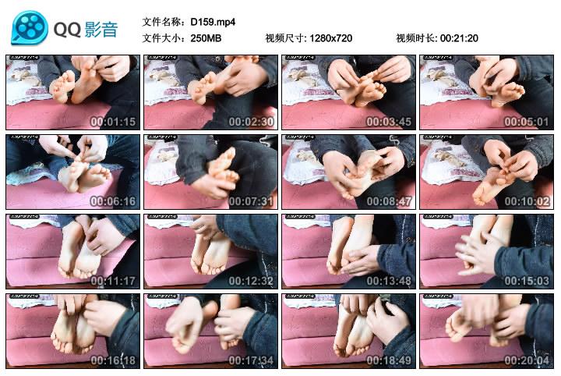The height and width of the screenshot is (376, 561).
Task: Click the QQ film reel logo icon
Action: tap(29, 28)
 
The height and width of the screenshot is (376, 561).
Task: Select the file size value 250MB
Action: tap(206, 38)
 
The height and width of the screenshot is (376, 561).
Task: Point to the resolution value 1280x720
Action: tap(330, 38)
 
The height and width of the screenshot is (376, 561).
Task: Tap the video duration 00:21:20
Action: tap(459, 38)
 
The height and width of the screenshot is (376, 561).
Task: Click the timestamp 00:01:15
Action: tap(113, 122)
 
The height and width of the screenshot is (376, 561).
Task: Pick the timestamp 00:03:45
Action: tap(388, 122)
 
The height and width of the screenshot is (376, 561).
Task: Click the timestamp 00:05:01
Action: tap(526, 122)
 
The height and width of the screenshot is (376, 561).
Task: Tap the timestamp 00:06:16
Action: tap(113, 201)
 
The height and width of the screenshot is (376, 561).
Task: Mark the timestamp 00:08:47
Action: tap(388, 201)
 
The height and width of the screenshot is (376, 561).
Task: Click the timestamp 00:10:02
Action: tap(526, 201)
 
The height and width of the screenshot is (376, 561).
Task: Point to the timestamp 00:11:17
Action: tap(113, 281)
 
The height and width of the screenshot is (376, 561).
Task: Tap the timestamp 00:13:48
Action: tap(388, 281)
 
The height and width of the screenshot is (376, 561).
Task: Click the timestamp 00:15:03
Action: tap(526, 281)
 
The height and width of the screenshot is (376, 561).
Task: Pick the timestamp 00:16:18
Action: tap(113, 360)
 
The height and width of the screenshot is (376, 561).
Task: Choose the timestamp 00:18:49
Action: tap(388, 360)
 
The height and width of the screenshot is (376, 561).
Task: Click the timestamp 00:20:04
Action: tap(526, 360)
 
